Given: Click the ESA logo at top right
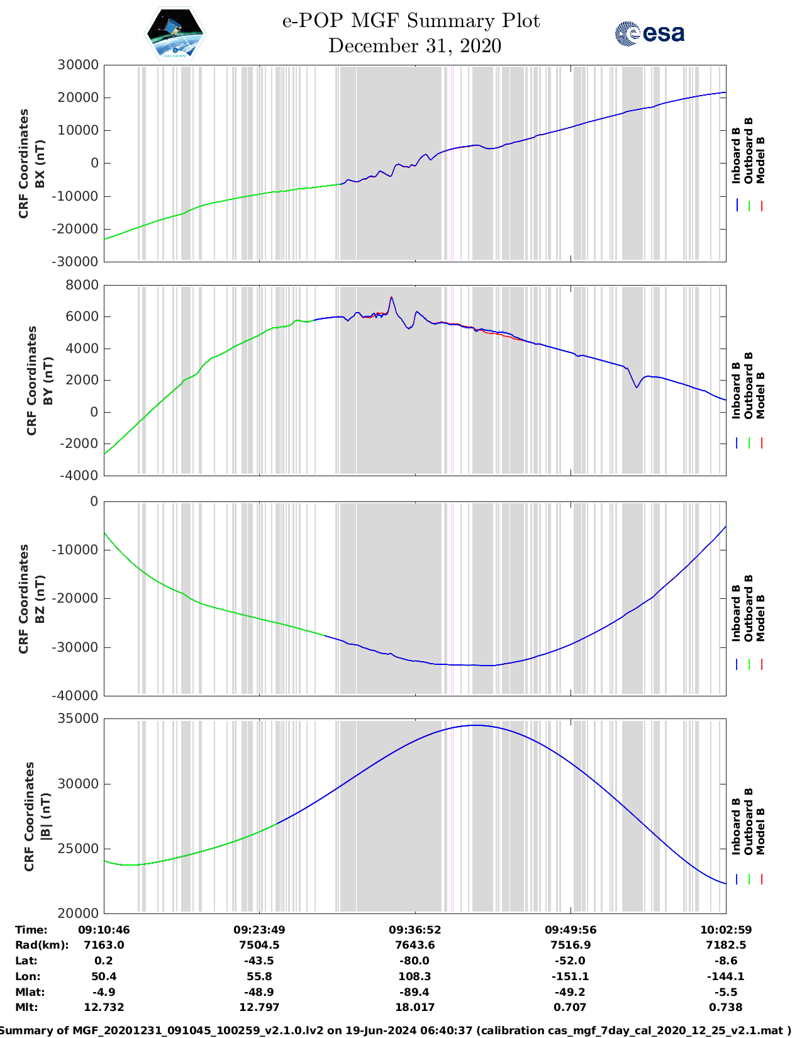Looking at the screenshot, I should pos(650,33).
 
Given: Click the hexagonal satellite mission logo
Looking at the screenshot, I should pos(175,33).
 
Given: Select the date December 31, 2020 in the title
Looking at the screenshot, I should pos(415,46).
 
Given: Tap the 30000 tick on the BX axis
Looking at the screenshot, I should pos(77,65).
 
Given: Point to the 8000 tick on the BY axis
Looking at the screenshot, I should pos(82,285).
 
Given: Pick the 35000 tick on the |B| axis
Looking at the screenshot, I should pos(77,718).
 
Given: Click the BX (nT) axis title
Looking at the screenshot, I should pos(40,164).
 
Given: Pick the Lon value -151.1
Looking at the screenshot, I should pos(570,976).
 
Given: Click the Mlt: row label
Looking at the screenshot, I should pos(26,1007).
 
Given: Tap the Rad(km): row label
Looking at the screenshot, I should pos(42,945).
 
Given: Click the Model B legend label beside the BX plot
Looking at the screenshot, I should pos(760,160).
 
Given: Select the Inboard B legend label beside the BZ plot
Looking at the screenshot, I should pos(736,613).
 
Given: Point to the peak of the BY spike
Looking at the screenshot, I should pos(391,297).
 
